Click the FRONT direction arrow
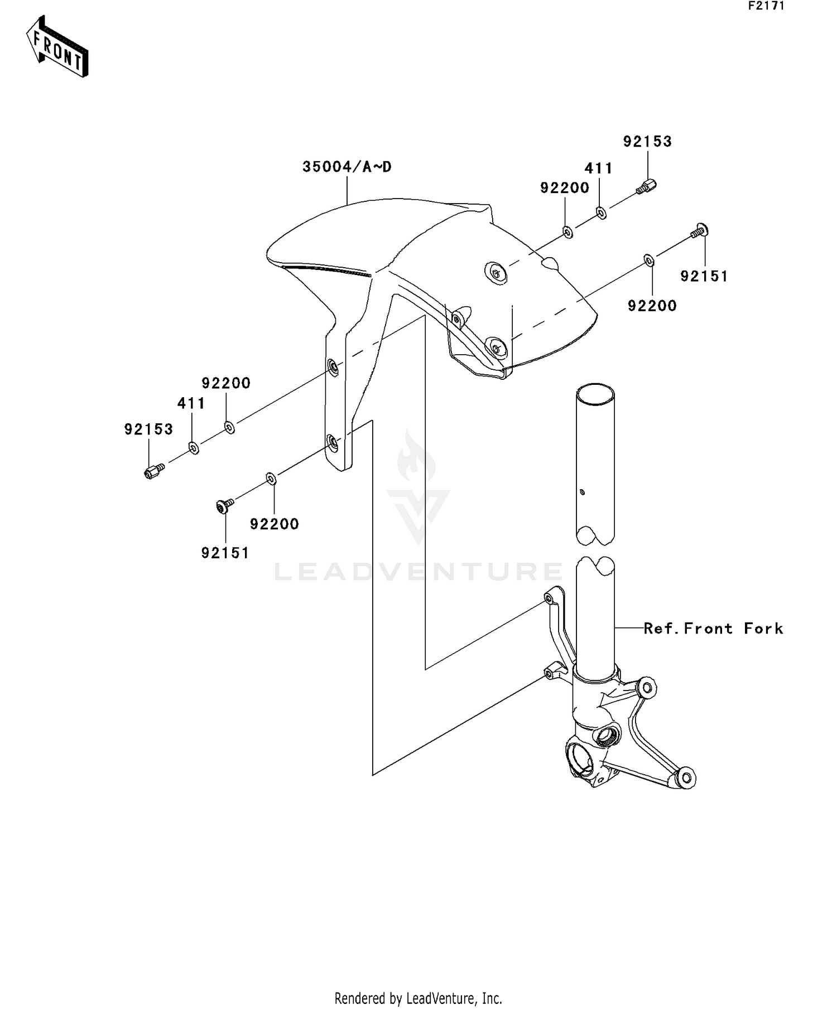[x=57, y=47]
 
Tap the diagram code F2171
[x=766, y=6]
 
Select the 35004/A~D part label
[x=347, y=167]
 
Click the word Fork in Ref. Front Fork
[x=763, y=629]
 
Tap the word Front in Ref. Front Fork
[x=708, y=629]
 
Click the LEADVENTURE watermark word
[x=419, y=572]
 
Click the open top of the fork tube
[x=595, y=394]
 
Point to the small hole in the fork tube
[x=582, y=492]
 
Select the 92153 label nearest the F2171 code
[x=647, y=142]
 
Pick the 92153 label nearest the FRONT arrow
[x=148, y=429]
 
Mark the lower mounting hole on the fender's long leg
[x=333, y=443]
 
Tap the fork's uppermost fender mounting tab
[x=549, y=599]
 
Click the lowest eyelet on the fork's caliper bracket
[x=686, y=778]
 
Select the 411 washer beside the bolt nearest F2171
[x=601, y=213]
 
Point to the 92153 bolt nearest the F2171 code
[x=647, y=187]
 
